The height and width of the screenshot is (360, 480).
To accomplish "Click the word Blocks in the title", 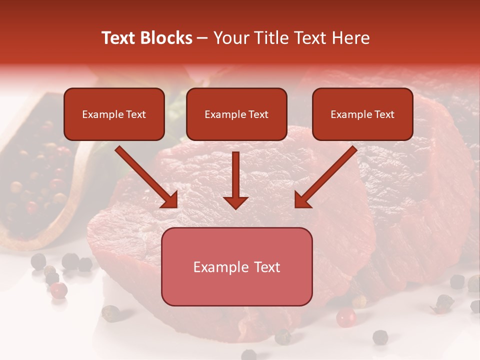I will click(x=166, y=38).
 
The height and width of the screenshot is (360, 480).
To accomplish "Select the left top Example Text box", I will click(x=114, y=114).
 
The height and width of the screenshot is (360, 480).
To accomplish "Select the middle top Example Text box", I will click(x=236, y=114).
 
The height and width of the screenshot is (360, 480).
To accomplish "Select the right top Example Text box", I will click(x=362, y=114).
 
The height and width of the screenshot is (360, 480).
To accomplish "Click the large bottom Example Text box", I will click(x=236, y=266).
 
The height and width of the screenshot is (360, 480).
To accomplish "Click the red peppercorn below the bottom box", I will click(x=345, y=317).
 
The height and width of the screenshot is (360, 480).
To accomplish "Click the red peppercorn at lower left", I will click(x=59, y=289).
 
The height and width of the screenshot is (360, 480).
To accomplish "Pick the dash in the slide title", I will click(x=202, y=38).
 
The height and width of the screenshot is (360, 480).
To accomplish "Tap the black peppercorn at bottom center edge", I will click(x=249, y=354).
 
